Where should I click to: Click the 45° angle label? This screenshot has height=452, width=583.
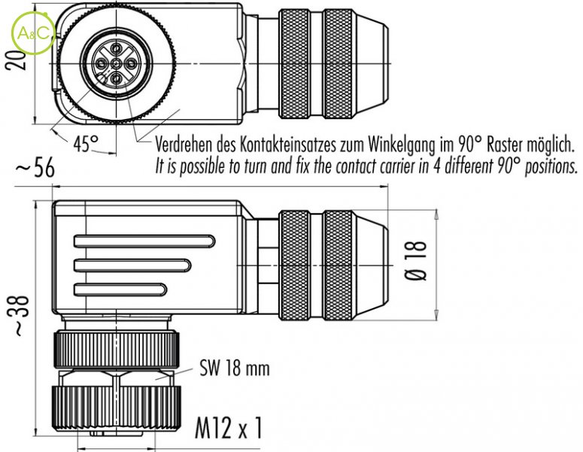[x=87, y=143]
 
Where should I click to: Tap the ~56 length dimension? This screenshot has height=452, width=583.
[x=35, y=168]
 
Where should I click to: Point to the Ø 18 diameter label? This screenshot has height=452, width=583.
[x=416, y=260]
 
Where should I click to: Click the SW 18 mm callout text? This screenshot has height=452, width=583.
[x=234, y=368]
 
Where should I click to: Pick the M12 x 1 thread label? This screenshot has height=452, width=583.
[x=229, y=427]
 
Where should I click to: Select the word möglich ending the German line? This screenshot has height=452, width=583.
[x=551, y=145]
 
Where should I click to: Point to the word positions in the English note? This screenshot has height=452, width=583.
[x=551, y=167]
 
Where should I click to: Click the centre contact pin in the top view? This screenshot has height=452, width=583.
[x=117, y=63]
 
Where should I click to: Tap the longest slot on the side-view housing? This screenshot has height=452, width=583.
[x=144, y=241]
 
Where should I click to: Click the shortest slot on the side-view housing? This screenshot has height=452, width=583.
[x=120, y=290]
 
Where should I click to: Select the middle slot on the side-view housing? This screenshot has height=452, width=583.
[x=132, y=265]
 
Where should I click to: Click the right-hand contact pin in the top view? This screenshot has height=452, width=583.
[x=131, y=63]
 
